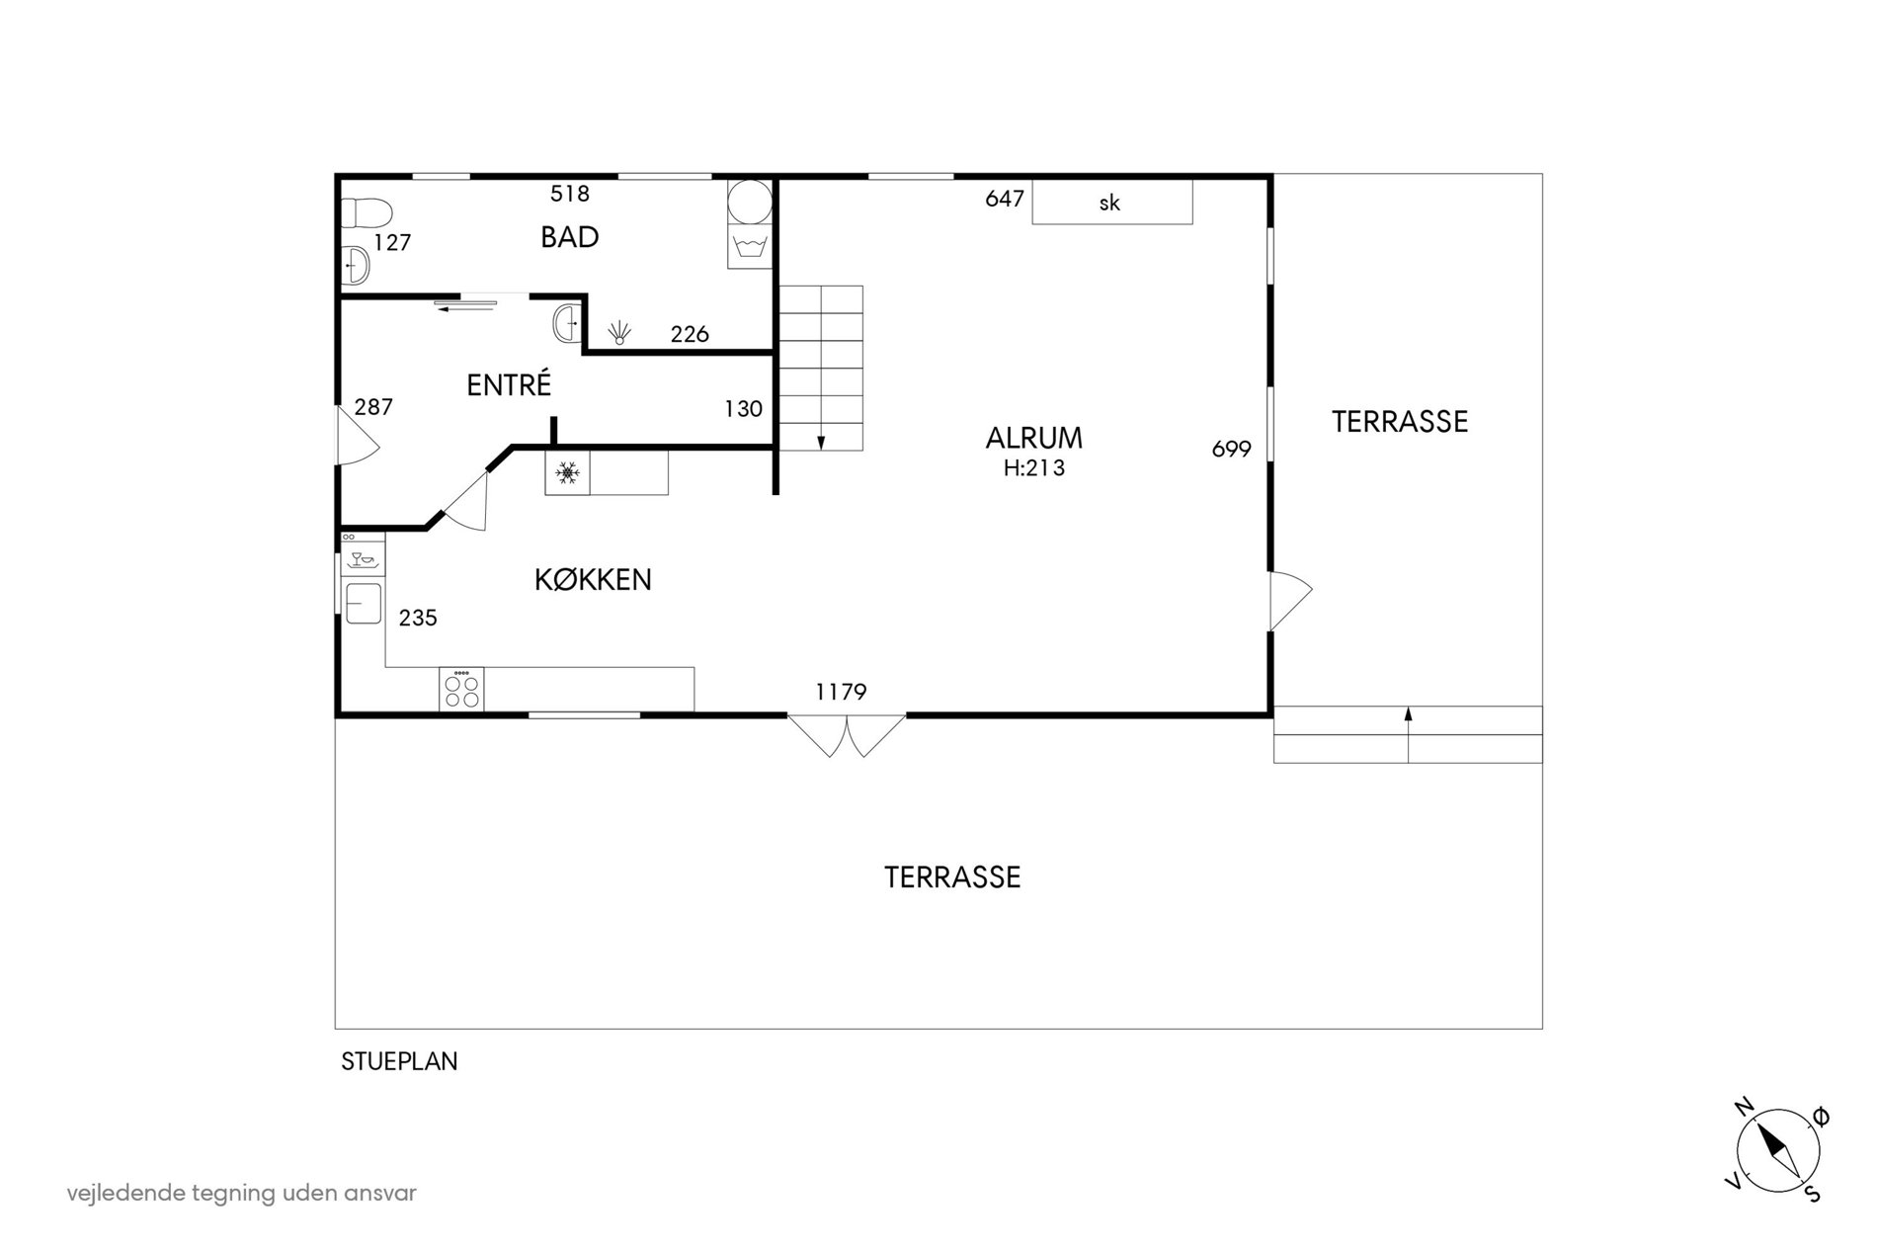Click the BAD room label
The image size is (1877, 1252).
[570, 237]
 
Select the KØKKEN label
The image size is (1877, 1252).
[593, 579]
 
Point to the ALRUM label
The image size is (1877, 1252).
[1034, 437]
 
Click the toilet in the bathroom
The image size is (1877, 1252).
[367, 212]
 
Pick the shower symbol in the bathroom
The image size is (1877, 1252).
[619, 332]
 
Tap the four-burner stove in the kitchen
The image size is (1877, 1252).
[461, 689]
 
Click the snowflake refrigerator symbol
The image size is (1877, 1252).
[567, 473]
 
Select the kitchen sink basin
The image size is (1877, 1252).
[364, 603]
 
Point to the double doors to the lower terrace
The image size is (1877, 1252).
[847, 735]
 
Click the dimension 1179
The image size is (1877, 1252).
[841, 692]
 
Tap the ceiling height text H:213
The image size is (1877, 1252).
[1034, 468]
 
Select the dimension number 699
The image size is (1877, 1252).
[1232, 450]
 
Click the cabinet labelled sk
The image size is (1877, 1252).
[1112, 203]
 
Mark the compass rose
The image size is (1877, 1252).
[1778, 1149]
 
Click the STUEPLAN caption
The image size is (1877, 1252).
[399, 1062]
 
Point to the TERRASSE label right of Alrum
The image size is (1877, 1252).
[1400, 422]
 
